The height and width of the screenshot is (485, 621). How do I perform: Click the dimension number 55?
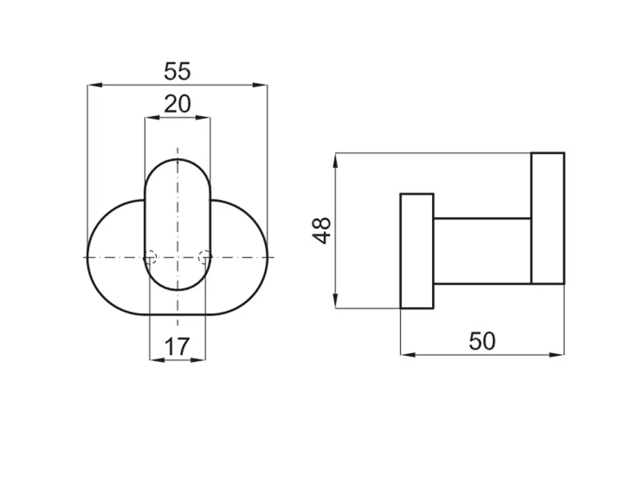click(x=177, y=71)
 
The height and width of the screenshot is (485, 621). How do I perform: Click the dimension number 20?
click(x=177, y=104)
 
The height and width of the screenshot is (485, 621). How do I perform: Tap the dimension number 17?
click(x=177, y=347)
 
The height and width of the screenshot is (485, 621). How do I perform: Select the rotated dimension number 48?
click(x=321, y=230)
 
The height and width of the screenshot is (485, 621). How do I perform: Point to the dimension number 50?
click(x=482, y=341)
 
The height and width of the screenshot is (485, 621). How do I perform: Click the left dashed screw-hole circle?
click(x=150, y=257)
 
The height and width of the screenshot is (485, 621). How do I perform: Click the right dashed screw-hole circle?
click(x=205, y=257)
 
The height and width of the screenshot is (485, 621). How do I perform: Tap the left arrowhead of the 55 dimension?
click(x=95, y=85)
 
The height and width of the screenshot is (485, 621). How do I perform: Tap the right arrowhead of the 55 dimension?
click(x=260, y=85)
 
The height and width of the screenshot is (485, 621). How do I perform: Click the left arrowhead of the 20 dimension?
click(x=152, y=117)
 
